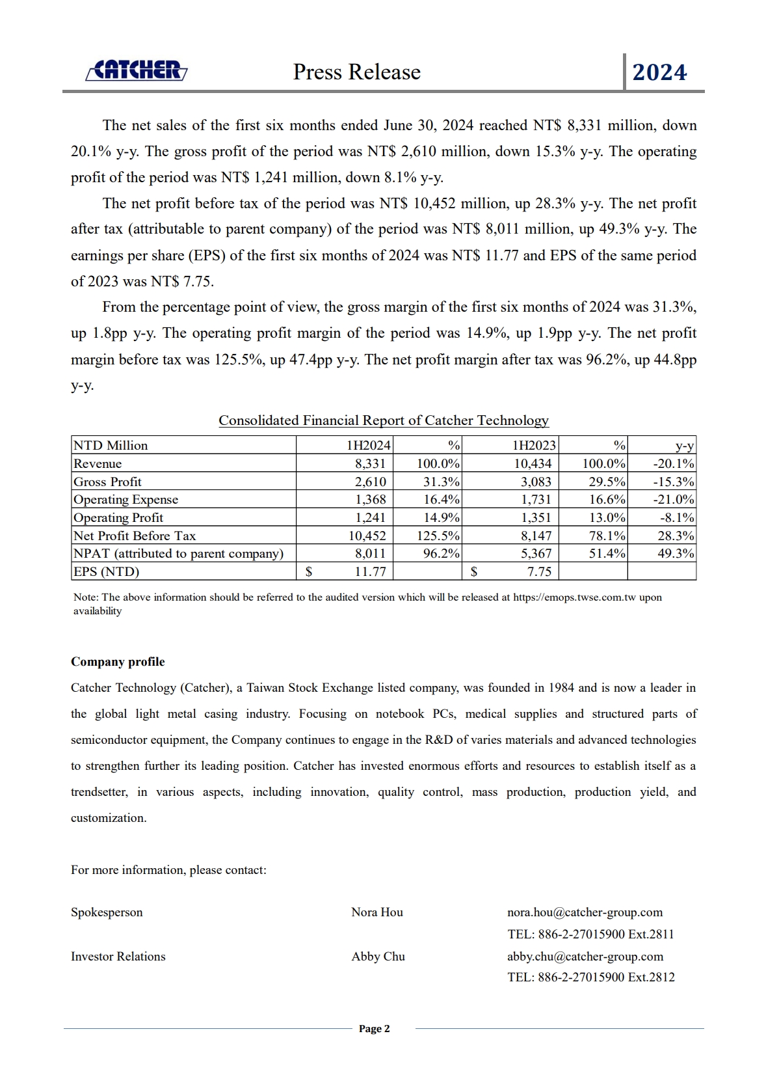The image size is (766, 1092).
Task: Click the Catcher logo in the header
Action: [137, 70]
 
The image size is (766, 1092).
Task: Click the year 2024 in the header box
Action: [659, 72]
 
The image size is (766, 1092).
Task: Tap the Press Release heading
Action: [356, 72]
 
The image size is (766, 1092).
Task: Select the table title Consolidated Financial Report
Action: [383, 420]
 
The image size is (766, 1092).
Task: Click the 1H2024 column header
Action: [368, 446]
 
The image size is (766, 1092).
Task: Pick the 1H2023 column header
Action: [534, 446]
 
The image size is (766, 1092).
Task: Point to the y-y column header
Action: [685, 446]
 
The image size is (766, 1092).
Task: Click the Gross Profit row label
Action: [107, 482]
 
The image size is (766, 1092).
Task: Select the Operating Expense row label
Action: [125, 500]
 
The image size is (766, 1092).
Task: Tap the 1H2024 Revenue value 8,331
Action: [370, 464]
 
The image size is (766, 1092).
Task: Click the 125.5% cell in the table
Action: [438, 536]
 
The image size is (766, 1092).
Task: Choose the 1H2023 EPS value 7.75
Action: [539, 572]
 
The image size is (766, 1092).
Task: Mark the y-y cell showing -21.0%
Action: [674, 500]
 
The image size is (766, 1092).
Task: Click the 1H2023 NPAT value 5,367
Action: [536, 554]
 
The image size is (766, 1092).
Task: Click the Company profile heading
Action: [118, 662]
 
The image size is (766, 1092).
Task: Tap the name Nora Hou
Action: [377, 912]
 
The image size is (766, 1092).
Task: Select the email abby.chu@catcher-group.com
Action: [585, 957]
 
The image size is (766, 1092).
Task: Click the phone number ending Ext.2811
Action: [590, 935]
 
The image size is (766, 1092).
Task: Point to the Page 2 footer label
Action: [375, 1029]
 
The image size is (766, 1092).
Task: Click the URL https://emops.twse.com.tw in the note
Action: [574, 597]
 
